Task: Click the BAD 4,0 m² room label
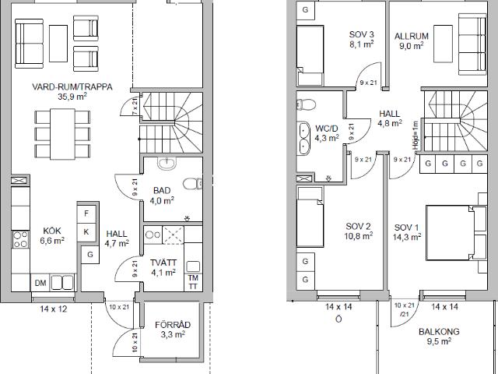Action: (163, 196)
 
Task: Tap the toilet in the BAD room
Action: (192, 184)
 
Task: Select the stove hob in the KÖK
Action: (20, 239)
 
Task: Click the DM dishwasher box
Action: (40, 283)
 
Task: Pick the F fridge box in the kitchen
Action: (86, 213)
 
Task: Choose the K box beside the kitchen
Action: (86, 232)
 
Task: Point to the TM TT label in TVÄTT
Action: (193, 282)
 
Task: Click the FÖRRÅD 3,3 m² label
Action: (173, 330)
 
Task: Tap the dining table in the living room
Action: (62, 134)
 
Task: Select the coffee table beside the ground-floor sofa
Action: (58, 44)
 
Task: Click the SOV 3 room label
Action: (361, 34)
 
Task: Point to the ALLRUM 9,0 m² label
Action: (412, 41)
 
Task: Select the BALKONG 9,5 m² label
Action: (439, 336)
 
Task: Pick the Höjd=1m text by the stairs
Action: (416, 135)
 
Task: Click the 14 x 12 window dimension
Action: (54, 309)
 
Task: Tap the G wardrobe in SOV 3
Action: (306, 9)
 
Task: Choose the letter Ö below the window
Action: (338, 319)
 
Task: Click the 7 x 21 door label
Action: (135, 106)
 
